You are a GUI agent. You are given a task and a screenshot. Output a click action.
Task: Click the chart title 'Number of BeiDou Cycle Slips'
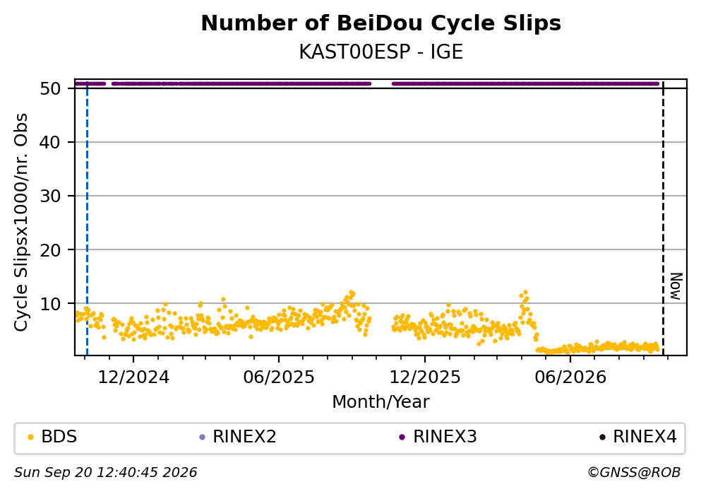tap(381, 23)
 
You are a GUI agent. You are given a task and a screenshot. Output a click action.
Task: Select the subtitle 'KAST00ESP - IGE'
tap(381, 52)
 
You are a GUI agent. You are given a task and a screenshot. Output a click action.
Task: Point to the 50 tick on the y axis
tap(51, 88)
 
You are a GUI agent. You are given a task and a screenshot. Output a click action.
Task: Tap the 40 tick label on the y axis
tap(51, 142)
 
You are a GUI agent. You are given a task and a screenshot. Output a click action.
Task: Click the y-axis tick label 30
tap(51, 196)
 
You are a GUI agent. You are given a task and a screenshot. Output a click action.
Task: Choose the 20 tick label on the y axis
tap(51, 249)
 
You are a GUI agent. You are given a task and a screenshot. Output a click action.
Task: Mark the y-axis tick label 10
tap(51, 304)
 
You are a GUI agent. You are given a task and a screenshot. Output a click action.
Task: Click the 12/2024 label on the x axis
tap(133, 377)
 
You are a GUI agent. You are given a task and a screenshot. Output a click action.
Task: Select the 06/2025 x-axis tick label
tap(279, 377)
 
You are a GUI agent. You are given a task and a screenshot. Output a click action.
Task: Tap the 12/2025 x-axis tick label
tap(425, 377)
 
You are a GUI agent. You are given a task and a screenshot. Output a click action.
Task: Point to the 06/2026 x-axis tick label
tap(570, 377)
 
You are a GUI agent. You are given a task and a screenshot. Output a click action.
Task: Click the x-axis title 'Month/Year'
tap(381, 402)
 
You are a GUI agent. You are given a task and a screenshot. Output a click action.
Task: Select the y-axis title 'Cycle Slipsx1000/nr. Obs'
tap(20, 223)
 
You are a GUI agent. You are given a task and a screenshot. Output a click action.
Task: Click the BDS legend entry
tap(52, 436)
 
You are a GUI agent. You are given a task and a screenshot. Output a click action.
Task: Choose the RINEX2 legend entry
tap(238, 436)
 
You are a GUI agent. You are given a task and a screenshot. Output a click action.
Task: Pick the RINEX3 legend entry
tap(438, 436)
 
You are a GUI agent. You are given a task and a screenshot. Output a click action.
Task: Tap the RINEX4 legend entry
tap(638, 436)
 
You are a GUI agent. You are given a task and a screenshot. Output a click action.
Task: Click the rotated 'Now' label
tap(676, 286)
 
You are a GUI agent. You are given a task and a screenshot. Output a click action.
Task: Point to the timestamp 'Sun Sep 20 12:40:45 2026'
tap(105, 473)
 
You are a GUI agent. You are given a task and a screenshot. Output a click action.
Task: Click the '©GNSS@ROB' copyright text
tap(634, 473)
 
